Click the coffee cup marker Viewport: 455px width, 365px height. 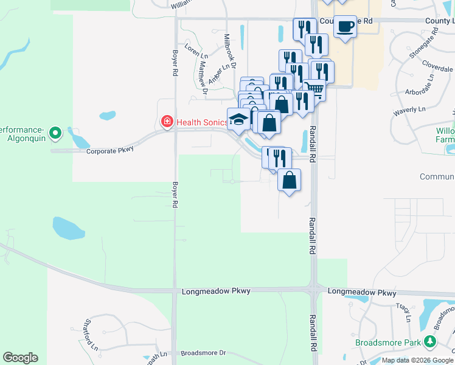pyautogui.click(x=346, y=27)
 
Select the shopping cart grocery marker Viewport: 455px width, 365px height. pyautogui.click(x=314, y=89)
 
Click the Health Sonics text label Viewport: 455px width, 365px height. pyautogui.click(x=202, y=122)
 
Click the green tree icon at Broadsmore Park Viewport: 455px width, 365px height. pyautogui.click(x=431, y=341)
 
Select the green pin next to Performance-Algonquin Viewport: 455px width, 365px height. pyautogui.click(x=55, y=131)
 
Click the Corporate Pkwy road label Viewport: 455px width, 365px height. pyautogui.click(x=109, y=151)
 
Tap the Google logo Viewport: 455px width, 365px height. pyautogui.click(x=20, y=358)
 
